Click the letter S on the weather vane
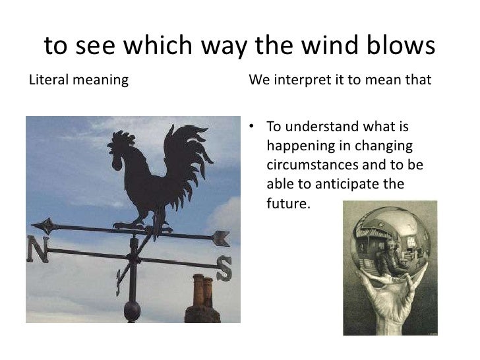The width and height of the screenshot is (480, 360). tap(224, 269)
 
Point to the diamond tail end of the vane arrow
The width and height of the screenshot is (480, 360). tap(45, 226)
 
